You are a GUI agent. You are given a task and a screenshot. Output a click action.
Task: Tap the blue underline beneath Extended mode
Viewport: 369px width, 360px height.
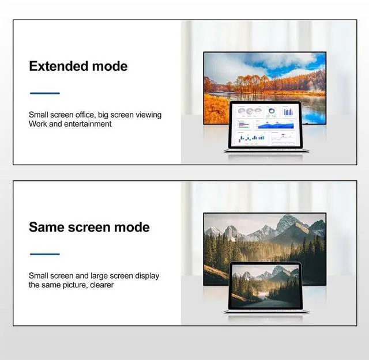[44, 93]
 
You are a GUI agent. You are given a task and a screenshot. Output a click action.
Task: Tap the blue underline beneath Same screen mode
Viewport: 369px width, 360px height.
[44, 254]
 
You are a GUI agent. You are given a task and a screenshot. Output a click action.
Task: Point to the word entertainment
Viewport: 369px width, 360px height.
[88, 124]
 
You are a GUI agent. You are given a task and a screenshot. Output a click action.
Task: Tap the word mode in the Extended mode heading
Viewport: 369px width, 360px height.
[110, 66]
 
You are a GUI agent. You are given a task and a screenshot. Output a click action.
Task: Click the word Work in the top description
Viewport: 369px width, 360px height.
[37, 124]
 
